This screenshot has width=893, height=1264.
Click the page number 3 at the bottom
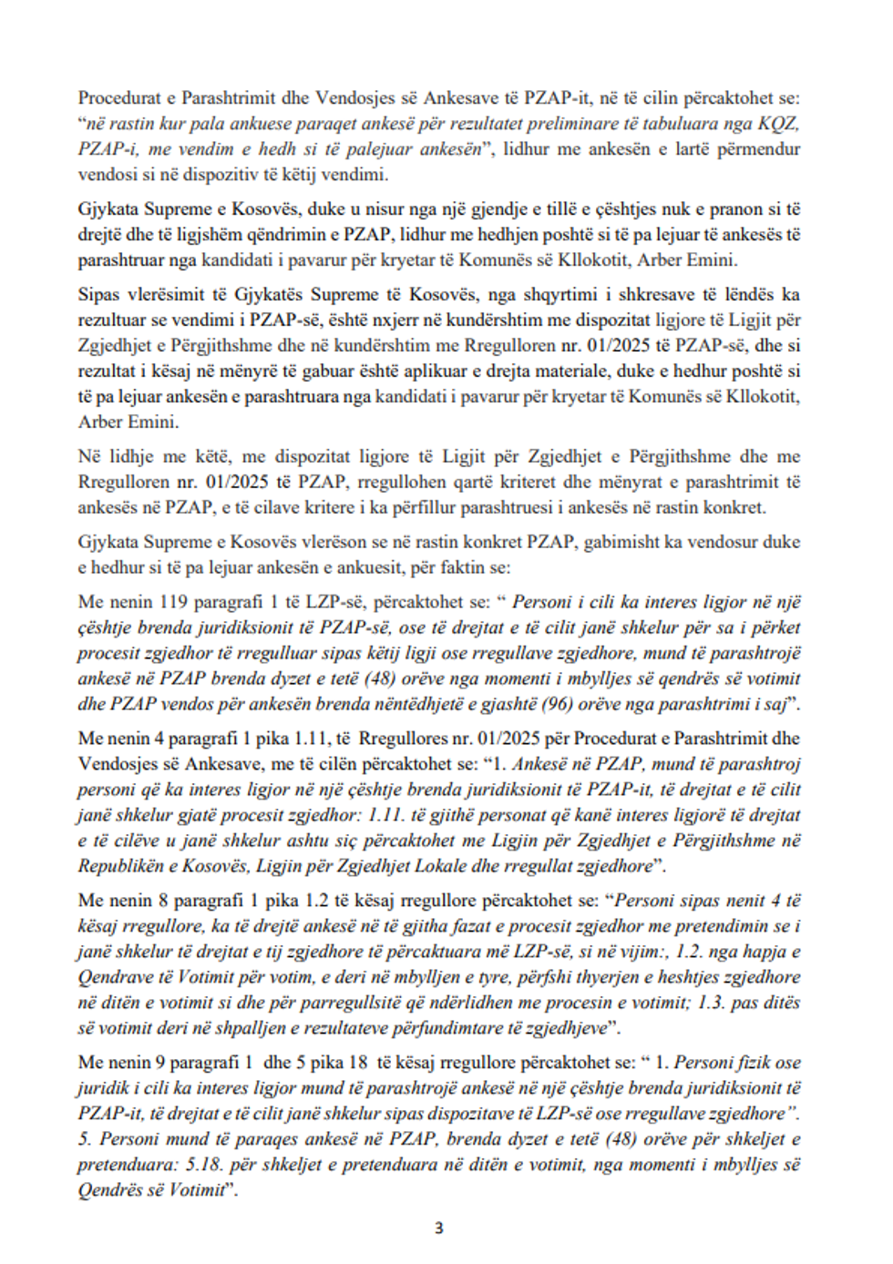coord(438,1228)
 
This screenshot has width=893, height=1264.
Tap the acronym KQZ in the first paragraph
coord(779,124)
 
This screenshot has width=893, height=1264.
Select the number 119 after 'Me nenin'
coord(177,602)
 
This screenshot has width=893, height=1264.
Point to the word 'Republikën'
coord(124,866)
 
